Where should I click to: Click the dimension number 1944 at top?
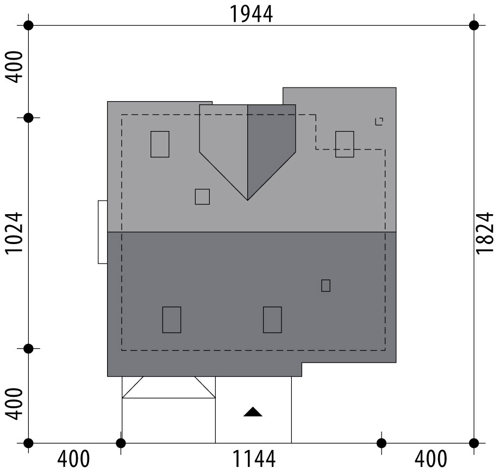251,14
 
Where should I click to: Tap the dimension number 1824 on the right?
484,233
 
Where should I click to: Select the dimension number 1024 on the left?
14,233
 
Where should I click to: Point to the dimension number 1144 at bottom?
254,459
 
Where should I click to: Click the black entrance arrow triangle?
253,412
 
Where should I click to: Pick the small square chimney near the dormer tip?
202,196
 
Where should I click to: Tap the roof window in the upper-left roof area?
160,144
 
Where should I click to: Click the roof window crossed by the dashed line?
345,144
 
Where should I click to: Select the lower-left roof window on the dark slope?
172,320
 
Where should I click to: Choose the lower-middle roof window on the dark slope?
272,320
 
